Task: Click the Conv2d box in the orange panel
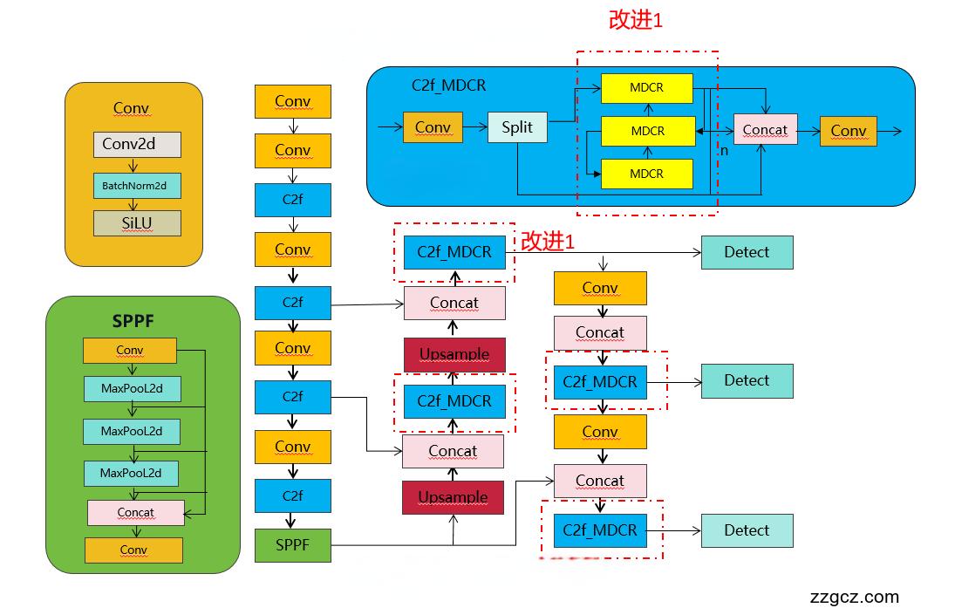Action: point(137,144)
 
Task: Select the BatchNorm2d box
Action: point(137,185)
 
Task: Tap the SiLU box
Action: point(137,223)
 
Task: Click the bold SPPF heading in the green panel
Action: point(133,321)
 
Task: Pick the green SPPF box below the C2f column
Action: point(292,545)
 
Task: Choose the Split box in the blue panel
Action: point(517,127)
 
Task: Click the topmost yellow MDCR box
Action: point(646,88)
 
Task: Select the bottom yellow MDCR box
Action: point(646,174)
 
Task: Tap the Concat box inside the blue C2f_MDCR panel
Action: point(765,130)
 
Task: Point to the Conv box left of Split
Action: point(433,127)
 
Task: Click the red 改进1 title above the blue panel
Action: point(636,20)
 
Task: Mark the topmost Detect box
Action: point(747,252)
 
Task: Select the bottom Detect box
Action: point(747,530)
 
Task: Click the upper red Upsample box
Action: point(454,355)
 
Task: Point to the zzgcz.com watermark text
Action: point(854,597)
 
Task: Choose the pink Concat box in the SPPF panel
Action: point(135,512)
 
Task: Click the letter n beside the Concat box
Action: point(723,150)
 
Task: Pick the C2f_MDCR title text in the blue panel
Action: point(448,85)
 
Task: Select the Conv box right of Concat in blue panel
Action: point(848,131)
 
